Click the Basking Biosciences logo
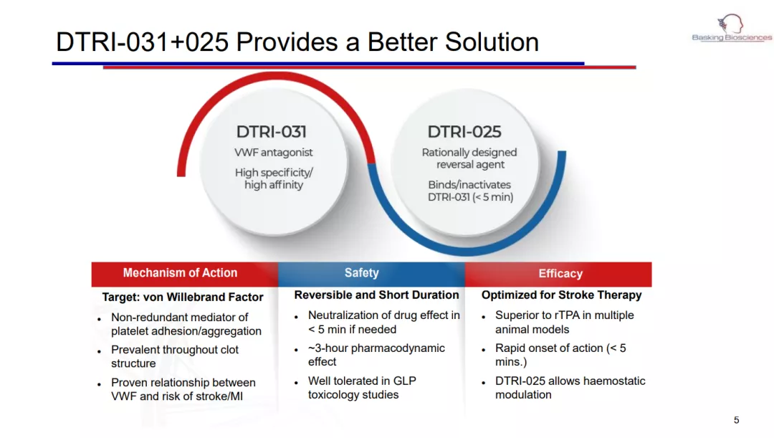click(x=732, y=28)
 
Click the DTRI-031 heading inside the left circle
click(x=271, y=132)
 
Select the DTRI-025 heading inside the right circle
click(x=464, y=132)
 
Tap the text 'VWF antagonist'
click(x=274, y=153)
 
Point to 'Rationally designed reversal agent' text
click(x=469, y=158)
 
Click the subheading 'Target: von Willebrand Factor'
click(x=183, y=297)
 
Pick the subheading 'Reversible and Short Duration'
click(x=377, y=295)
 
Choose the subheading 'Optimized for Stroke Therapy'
click(x=561, y=295)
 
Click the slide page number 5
click(x=737, y=420)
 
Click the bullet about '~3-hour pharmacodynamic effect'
click(x=377, y=355)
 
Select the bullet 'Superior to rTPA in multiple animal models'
click(x=565, y=323)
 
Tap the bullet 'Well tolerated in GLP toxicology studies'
click(x=363, y=388)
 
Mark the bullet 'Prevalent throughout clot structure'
click(x=175, y=356)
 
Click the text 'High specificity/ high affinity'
click(x=274, y=178)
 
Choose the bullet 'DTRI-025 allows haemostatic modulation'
click(x=570, y=388)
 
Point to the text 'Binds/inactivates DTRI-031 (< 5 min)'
click(x=470, y=191)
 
